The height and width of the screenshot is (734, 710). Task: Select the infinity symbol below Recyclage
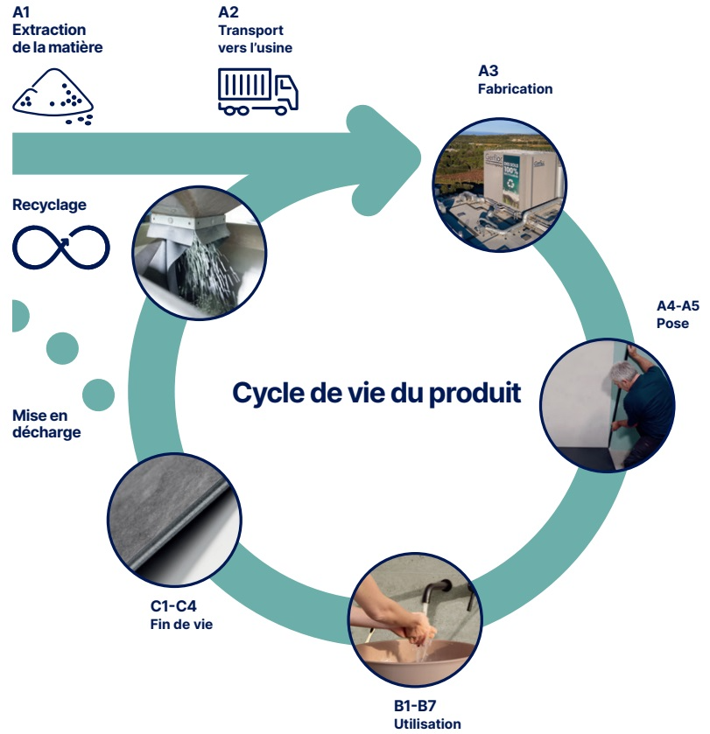point(60,247)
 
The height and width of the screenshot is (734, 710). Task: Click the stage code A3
point(488,72)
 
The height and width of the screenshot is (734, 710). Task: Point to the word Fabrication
point(515,88)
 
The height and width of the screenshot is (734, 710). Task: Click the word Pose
point(672,323)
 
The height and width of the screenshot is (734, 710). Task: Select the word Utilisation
point(427,724)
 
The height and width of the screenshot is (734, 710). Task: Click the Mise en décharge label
point(46,424)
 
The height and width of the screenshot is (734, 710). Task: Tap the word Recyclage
point(49,205)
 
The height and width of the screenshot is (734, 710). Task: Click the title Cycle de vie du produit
point(376,393)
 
